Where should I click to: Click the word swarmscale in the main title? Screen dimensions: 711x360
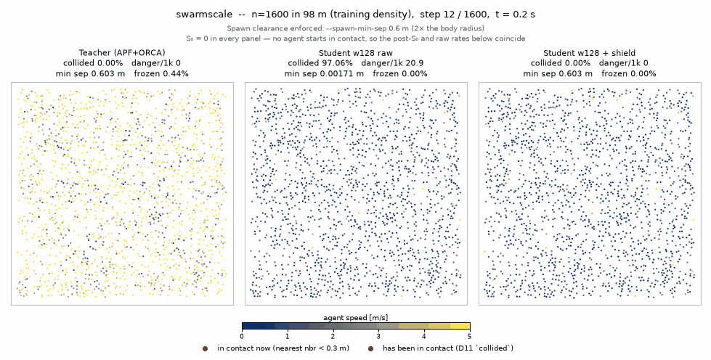click(x=204, y=14)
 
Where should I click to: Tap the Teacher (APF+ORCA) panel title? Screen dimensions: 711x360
click(x=122, y=52)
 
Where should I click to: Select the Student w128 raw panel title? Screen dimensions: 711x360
click(x=356, y=52)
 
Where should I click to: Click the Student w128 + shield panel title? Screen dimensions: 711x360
click(x=589, y=52)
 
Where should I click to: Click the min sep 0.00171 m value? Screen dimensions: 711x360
click(x=324, y=73)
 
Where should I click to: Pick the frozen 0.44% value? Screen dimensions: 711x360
click(x=161, y=73)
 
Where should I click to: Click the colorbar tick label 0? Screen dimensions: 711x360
click(x=242, y=337)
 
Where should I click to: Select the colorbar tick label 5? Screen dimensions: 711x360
click(x=470, y=337)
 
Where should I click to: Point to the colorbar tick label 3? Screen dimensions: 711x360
click(x=378, y=337)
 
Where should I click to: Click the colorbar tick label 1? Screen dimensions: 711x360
click(x=288, y=337)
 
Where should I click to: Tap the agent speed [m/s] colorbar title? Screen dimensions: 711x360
click(x=356, y=317)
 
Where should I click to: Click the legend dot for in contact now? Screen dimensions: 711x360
click(x=205, y=348)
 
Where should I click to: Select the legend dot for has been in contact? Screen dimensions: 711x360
click(x=370, y=348)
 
